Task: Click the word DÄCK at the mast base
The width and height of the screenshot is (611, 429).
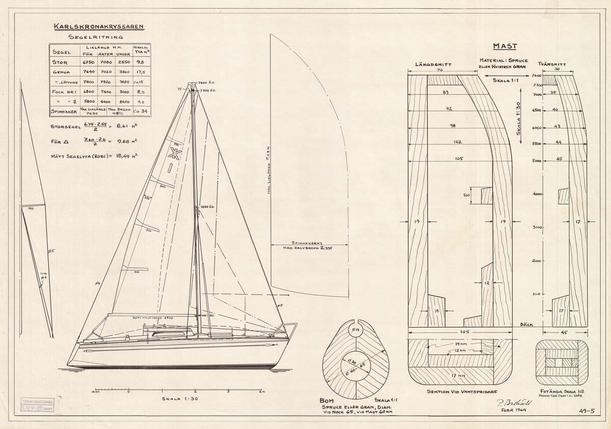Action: pyautogui.click(x=526, y=325)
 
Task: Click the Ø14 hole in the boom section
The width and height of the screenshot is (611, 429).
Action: pyautogui.click(x=355, y=331)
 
